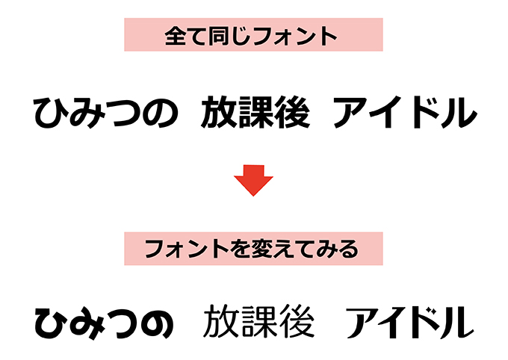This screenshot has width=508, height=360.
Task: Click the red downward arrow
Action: (x=253, y=180)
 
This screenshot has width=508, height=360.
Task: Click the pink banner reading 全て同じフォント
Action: (x=253, y=34)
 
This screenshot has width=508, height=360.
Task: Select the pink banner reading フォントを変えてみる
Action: (x=253, y=249)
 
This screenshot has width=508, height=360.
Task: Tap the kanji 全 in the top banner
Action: (x=175, y=36)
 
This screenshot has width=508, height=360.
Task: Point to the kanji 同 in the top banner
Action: (x=218, y=36)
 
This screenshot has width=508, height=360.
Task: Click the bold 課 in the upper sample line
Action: (x=255, y=112)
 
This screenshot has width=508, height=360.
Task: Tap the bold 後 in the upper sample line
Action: (x=292, y=112)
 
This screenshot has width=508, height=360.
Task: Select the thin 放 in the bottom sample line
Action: (x=220, y=321)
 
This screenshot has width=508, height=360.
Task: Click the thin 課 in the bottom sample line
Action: (x=258, y=321)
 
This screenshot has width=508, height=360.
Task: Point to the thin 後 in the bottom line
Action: (x=297, y=321)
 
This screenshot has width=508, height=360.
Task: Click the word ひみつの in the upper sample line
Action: (x=105, y=113)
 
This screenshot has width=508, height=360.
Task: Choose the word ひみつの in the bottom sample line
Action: (x=104, y=323)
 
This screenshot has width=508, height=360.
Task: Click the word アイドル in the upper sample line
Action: (x=405, y=113)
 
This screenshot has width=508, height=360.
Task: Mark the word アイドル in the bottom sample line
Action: (x=409, y=322)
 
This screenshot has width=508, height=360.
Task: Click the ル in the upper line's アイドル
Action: (x=459, y=113)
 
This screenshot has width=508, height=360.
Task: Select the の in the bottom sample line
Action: (x=157, y=323)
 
